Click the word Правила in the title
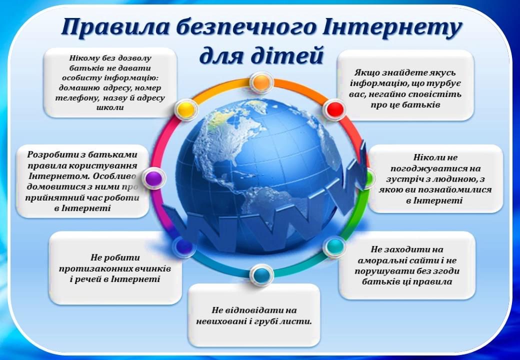(x=113, y=28)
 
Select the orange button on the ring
(x=261, y=82)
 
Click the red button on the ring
(x=334, y=108)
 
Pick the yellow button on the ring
(x=185, y=108)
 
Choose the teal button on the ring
(x=334, y=246)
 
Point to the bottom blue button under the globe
(x=260, y=274)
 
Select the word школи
(x=110, y=107)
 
